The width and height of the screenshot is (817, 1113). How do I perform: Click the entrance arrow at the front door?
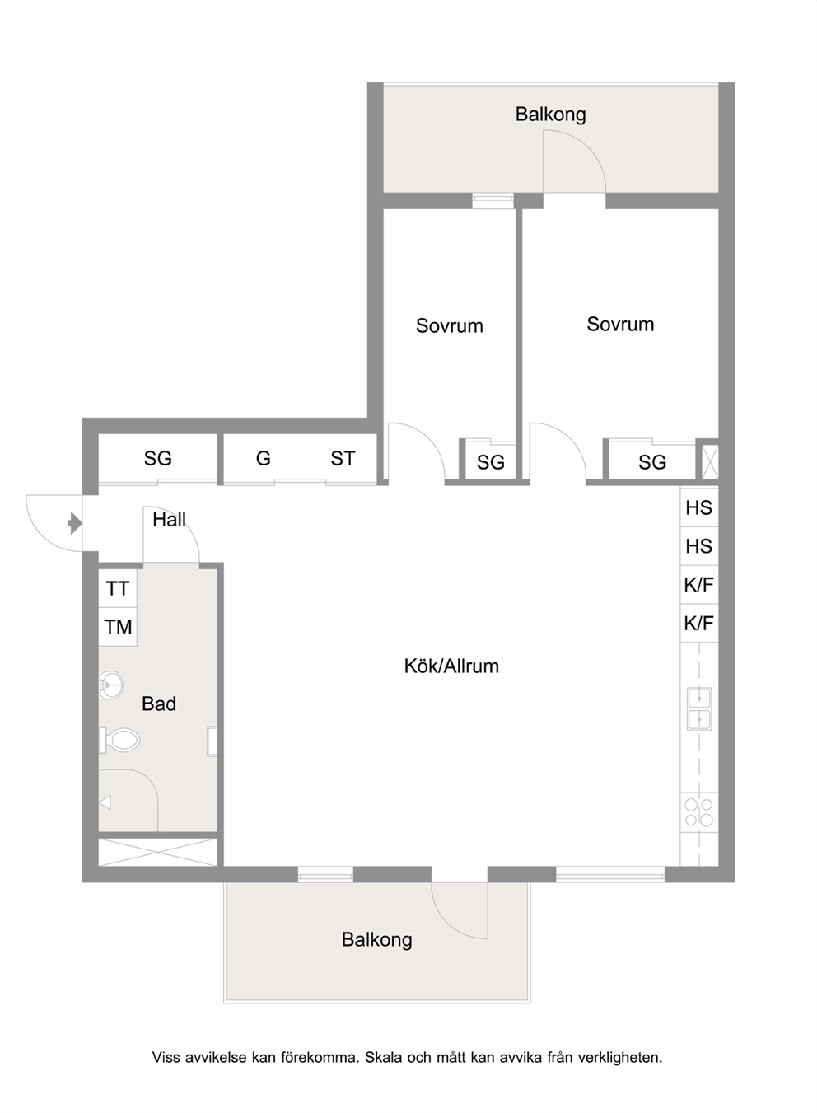75,522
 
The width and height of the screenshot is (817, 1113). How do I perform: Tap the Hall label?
170,520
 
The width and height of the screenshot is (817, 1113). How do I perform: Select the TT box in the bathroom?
118,588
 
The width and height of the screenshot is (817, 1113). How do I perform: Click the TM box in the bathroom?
118,627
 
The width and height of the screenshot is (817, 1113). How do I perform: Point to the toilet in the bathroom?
119,741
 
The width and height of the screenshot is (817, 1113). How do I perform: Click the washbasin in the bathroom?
110,685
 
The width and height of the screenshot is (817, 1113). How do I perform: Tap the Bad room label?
159,704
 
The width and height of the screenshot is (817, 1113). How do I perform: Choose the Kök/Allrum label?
451,666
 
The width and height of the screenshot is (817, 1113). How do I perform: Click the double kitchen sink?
699,708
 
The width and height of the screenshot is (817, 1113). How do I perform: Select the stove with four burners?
698,812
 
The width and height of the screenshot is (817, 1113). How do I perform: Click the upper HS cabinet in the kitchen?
698,507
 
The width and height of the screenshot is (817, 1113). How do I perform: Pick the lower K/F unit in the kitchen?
698,623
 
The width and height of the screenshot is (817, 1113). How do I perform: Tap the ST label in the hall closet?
343,458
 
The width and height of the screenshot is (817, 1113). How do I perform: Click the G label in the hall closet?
264,458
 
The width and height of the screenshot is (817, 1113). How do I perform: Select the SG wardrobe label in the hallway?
158,458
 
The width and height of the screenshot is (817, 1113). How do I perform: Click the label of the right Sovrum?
620,324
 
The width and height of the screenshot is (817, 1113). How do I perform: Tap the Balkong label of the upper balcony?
550,115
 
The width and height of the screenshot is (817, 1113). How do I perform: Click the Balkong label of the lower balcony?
377,940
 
